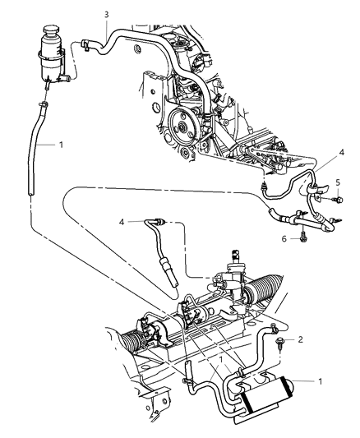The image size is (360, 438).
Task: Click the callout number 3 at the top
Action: (106, 15)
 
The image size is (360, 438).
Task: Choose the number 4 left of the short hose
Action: (122, 220)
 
